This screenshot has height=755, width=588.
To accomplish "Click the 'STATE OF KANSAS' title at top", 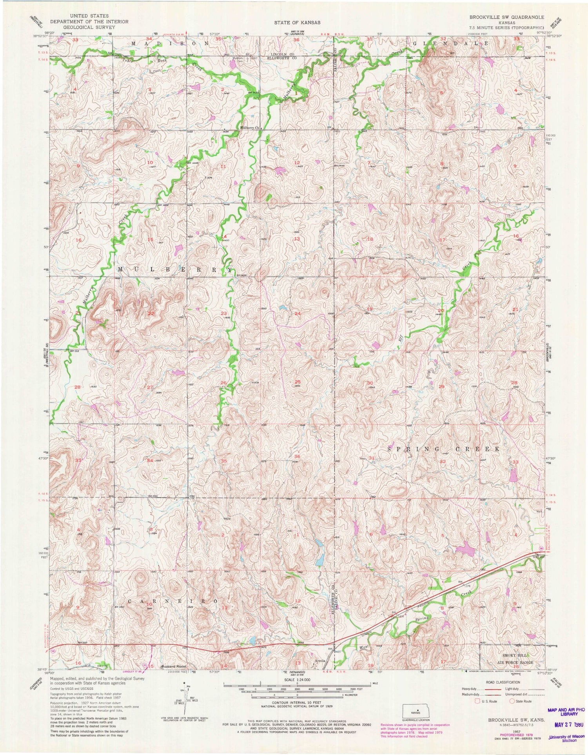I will click(298, 22).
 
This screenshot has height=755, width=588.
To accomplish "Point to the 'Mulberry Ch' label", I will click(250, 128).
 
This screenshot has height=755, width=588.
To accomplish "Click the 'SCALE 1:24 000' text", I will click(297, 679).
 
